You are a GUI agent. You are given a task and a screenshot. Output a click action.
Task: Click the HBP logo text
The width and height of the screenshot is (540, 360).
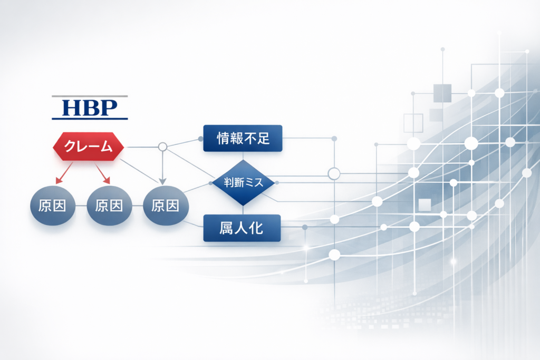pyautogui.click(x=90, y=108)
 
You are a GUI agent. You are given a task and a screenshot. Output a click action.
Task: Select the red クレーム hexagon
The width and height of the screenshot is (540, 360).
pyautogui.click(x=88, y=147)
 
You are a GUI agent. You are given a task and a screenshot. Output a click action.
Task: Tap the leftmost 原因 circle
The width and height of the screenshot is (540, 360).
pyautogui.click(x=53, y=206)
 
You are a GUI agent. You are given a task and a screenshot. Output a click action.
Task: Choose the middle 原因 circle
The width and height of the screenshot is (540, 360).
pyautogui.click(x=109, y=206)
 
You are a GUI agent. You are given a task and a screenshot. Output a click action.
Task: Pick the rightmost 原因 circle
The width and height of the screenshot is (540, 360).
pyautogui.click(x=166, y=206)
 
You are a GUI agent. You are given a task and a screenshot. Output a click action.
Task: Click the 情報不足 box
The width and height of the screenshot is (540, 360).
pyautogui.click(x=243, y=138)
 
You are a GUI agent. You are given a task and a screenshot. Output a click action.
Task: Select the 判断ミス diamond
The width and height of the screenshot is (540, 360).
pyautogui.click(x=243, y=182)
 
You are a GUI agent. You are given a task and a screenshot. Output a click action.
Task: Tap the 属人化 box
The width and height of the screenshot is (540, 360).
pyautogui.click(x=242, y=228)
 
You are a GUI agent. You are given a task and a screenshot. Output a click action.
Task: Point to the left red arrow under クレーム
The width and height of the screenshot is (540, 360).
pyautogui.click(x=64, y=173)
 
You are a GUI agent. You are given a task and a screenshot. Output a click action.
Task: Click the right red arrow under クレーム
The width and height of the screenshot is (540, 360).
pyautogui.click(x=103, y=173)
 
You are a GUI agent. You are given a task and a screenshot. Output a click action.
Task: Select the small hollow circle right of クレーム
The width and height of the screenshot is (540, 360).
pyautogui.click(x=162, y=147)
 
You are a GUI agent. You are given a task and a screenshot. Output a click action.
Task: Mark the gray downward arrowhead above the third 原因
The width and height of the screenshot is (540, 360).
pyautogui.click(x=162, y=181)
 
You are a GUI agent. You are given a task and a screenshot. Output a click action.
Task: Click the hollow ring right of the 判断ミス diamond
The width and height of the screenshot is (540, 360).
pyautogui.click(x=334, y=174)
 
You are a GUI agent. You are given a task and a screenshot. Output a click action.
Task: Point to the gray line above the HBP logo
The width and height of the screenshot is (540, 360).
pyautogui.click(x=90, y=96)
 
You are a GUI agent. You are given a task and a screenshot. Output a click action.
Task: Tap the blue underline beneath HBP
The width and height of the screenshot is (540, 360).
pyautogui.click(x=90, y=119)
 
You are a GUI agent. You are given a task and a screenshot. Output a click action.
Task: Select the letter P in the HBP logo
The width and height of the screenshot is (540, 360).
pyautogui.click(x=109, y=108)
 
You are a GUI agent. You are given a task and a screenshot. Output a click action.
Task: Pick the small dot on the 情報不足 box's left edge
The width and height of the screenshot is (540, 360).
pyautogui.click(x=200, y=139)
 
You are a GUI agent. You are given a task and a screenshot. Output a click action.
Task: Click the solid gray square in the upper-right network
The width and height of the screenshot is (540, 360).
pyautogui.click(x=442, y=93)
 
